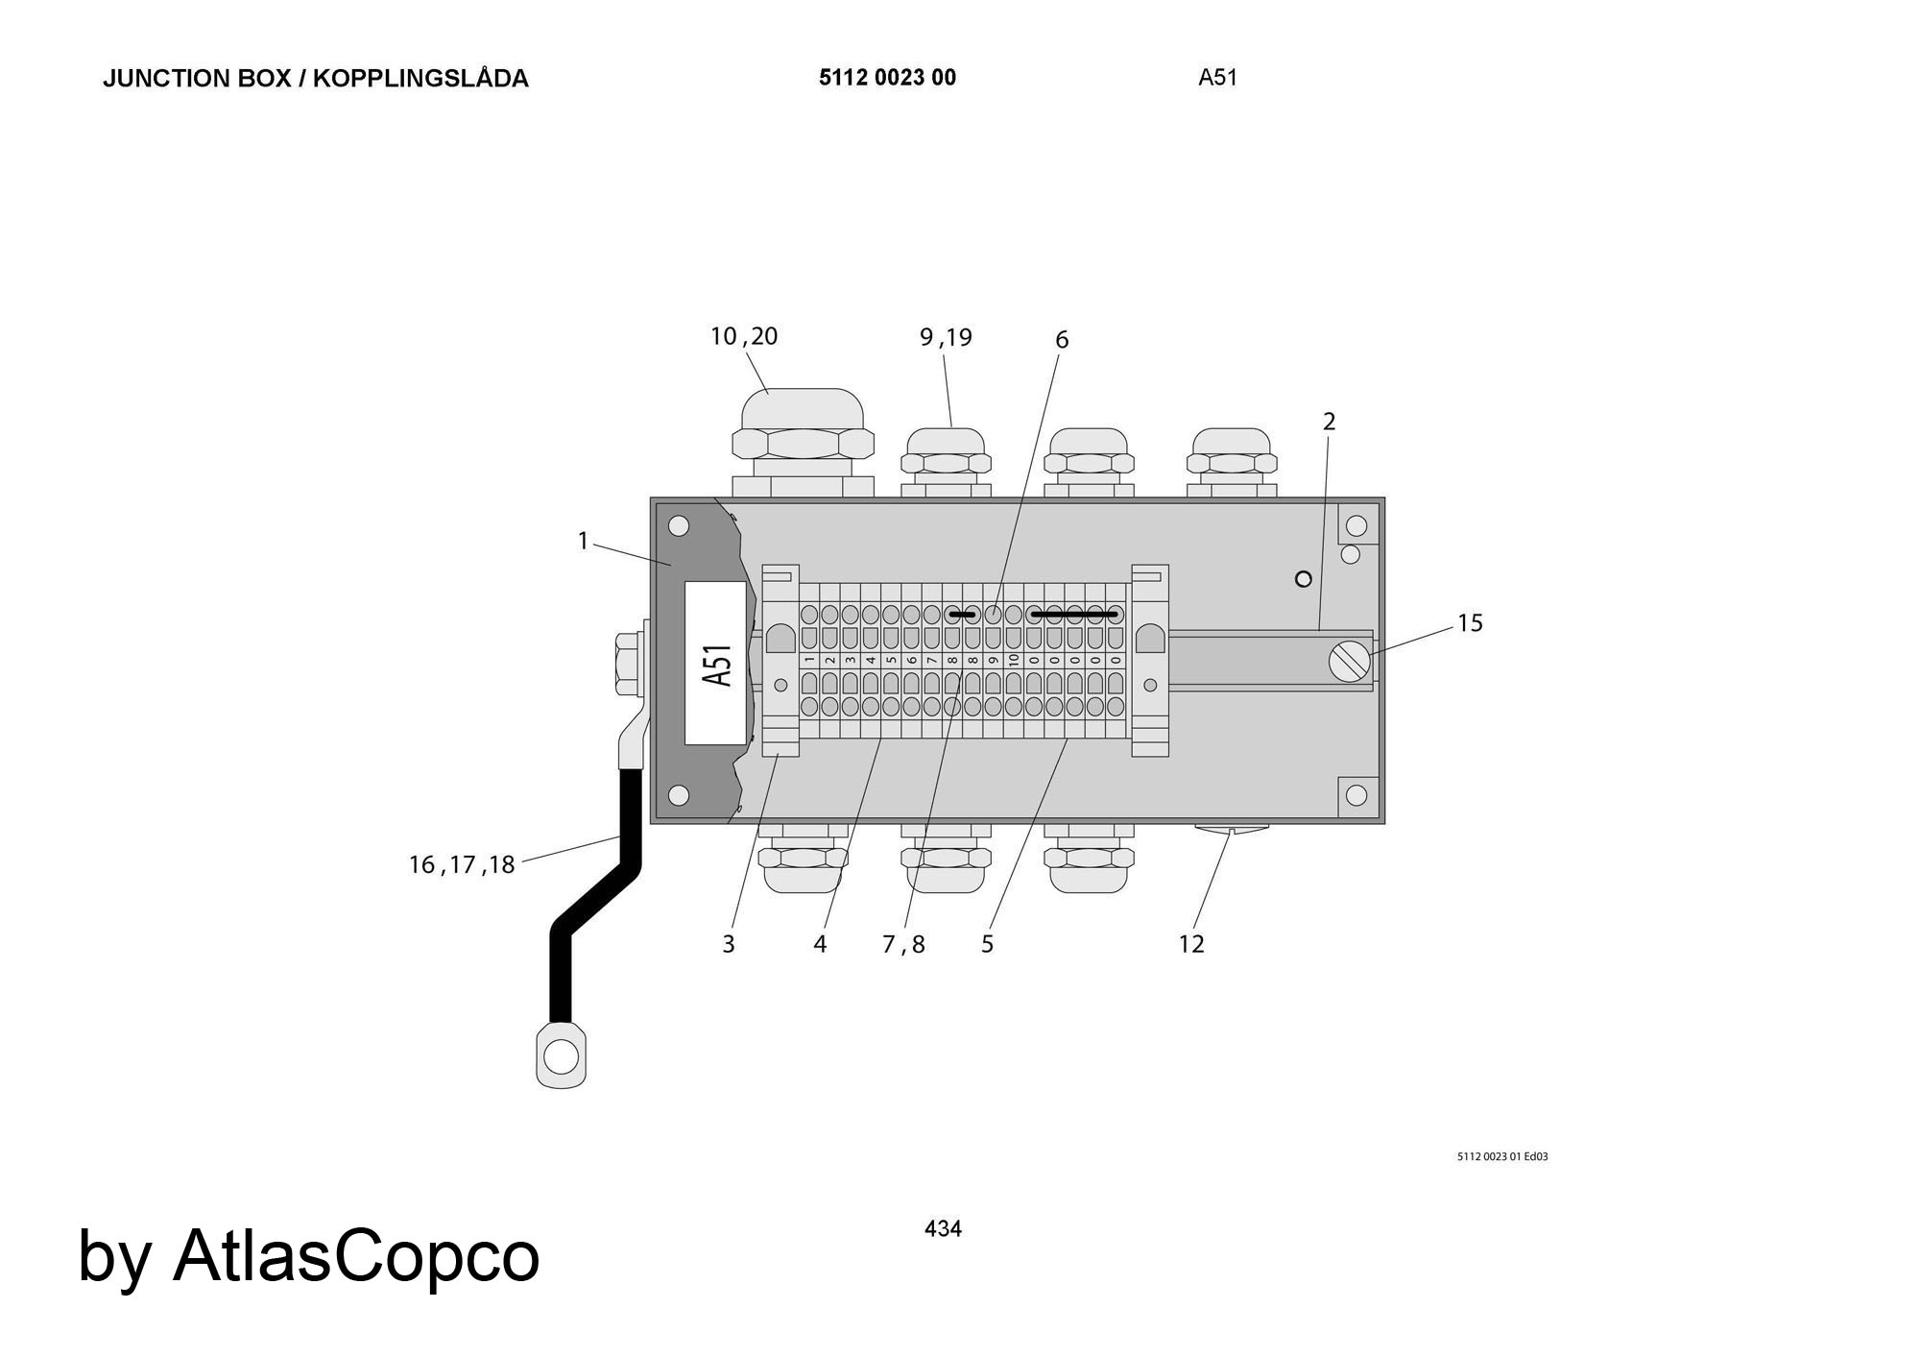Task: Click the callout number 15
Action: click(1470, 623)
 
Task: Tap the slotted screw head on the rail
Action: click(1350, 662)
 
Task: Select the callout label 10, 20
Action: click(744, 336)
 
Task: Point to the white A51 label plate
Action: click(715, 663)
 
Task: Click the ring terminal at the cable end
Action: click(561, 1055)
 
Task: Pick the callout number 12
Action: click(1191, 944)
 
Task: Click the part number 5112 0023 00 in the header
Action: click(887, 78)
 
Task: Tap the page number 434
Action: click(943, 1228)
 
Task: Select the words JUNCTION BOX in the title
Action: click(197, 79)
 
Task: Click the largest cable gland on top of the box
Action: click(804, 442)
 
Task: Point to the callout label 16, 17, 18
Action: click(462, 865)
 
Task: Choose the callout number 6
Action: click(1062, 339)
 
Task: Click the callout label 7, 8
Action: click(903, 945)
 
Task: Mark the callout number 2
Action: click(1330, 421)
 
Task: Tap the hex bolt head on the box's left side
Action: click(627, 664)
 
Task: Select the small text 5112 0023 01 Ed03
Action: click(1502, 1156)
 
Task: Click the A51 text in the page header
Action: click(1217, 78)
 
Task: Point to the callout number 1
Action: click(583, 542)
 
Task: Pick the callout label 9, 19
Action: click(947, 337)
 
